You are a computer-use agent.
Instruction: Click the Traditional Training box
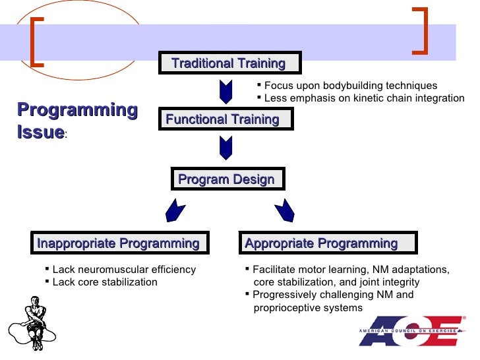229,63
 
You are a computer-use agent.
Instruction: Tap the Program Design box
227,179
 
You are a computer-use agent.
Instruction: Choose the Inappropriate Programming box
119,243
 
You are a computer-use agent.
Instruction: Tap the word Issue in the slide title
40,132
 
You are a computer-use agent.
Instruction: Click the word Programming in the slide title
77,110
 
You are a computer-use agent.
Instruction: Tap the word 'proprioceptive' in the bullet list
286,308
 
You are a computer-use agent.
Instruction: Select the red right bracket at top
420,30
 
